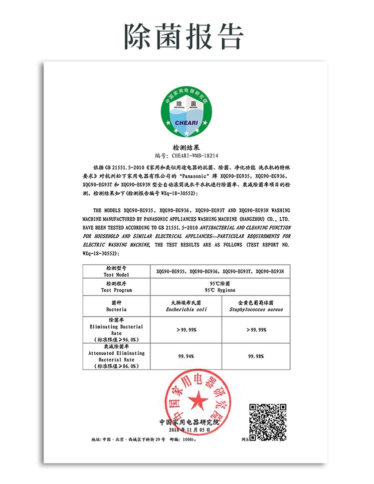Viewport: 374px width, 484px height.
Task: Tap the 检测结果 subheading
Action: tap(186, 148)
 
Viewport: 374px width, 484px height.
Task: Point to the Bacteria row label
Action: tap(116, 306)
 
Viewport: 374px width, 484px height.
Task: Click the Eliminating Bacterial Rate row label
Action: tap(116, 330)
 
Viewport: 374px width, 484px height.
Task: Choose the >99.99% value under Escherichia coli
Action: tap(186, 330)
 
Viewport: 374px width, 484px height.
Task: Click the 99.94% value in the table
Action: tap(186, 356)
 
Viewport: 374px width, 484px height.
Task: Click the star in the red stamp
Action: tap(198, 400)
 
